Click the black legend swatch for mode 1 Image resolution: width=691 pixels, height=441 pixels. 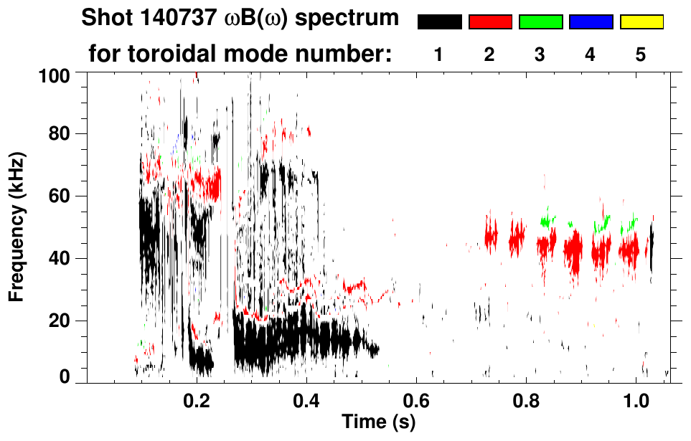pyautogui.click(x=440, y=22)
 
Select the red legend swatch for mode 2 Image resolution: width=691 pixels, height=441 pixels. pyautogui.click(x=490, y=22)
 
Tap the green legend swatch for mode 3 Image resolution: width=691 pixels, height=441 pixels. pyautogui.click(x=540, y=22)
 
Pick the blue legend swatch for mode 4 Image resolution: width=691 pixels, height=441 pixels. pyautogui.click(x=591, y=22)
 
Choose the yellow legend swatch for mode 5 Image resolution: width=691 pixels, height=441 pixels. pyautogui.click(x=641, y=22)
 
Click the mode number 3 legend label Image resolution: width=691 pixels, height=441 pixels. pyautogui.click(x=540, y=55)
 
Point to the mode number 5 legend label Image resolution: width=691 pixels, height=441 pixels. pyautogui.click(x=641, y=55)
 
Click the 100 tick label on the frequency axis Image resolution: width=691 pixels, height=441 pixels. pyautogui.click(x=54, y=74)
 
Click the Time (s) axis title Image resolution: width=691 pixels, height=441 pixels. pyautogui.click(x=377, y=423)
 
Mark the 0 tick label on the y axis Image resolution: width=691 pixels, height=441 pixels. pyautogui.click(x=65, y=376)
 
